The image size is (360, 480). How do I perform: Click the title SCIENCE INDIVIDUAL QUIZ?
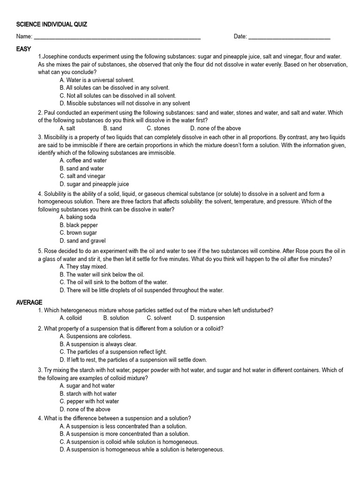pos(52,24)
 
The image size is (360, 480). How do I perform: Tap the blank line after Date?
pos(289,37)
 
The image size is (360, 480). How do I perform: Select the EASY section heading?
pos(23,49)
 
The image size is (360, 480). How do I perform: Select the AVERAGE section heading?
pos(29,302)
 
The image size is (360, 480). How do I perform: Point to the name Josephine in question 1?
pos(56,57)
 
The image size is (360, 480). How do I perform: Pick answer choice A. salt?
pos(67,128)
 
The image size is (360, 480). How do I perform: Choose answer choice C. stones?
pos(158,128)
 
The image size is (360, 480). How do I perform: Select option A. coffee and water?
pos(83,160)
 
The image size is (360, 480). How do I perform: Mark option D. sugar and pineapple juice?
pos(94,184)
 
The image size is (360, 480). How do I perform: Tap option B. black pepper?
pos(79,225)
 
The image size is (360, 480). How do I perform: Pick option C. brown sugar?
pos(78,232)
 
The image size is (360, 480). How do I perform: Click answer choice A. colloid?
pos(71,318)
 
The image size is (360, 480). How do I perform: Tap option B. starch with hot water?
pos(88,394)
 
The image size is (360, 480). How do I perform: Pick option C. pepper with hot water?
pos(90,401)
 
